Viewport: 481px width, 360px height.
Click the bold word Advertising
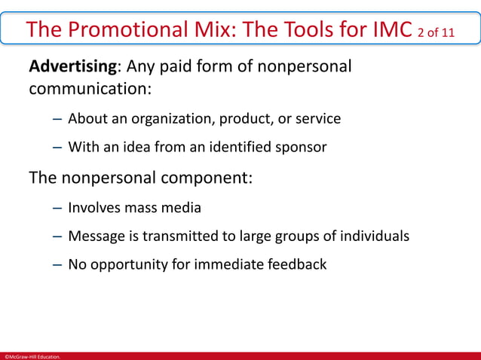point(72,66)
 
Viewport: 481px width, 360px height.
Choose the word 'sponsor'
point(300,148)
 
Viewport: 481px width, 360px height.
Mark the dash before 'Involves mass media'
point(57,208)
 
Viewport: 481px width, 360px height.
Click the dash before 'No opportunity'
point(57,265)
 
